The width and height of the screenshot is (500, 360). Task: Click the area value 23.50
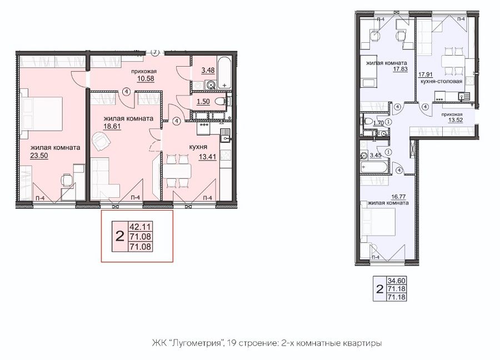39,156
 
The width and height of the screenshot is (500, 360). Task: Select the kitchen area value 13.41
207,157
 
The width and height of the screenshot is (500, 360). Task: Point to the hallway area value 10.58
146,78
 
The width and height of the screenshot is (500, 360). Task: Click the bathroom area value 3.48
208,71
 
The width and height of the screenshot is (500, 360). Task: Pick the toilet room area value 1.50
203,102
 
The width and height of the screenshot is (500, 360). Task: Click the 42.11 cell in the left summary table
140,227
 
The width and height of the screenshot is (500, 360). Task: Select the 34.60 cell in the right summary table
396,281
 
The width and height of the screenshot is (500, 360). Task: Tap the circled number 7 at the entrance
155,53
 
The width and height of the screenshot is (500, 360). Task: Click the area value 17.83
400,68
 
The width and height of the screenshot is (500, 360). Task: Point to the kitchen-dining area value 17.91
426,75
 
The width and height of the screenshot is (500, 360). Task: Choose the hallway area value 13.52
456,120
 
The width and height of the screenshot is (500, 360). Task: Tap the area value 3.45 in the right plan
376,156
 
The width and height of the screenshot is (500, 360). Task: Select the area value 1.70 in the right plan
378,122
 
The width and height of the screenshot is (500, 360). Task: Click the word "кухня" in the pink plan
198,147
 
